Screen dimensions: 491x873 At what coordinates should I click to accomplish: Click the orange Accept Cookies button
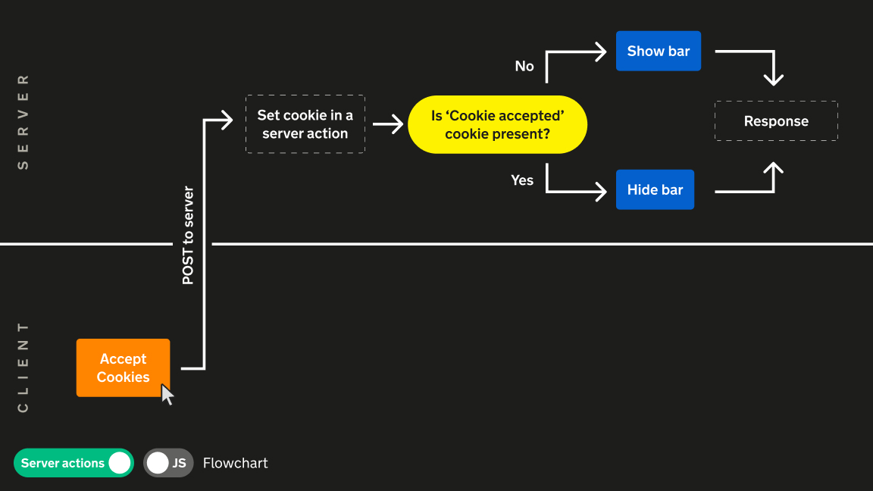coord(123,367)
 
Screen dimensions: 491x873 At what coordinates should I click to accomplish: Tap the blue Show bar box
coord(658,51)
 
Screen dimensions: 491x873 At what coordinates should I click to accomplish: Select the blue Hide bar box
coord(655,189)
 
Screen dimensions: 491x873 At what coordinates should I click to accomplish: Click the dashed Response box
coord(776,121)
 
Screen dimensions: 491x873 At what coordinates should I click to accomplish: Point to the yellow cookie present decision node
coord(497,124)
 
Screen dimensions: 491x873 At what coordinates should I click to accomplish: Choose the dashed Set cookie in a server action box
coord(305,124)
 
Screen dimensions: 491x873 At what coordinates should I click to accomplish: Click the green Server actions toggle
coord(74,463)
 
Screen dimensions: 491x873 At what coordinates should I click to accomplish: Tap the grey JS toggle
coord(168,463)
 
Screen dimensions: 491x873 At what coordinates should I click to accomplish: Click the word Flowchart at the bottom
coord(235,463)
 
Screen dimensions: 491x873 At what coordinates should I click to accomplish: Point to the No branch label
coord(524,67)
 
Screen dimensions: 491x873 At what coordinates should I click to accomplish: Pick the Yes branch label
coord(522,180)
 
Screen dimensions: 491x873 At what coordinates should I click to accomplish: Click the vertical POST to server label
coord(188,236)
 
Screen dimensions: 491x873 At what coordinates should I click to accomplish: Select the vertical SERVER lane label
coord(23,121)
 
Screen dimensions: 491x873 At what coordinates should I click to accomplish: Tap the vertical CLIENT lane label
coord(23,367)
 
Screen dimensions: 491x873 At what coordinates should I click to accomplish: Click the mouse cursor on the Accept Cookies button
coord(167,394)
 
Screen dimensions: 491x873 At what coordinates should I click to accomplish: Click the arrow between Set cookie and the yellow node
coord(388,124)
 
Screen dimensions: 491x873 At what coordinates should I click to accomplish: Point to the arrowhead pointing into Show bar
coord(600,52)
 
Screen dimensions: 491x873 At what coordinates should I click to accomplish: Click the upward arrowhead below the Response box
coord(773,168)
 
